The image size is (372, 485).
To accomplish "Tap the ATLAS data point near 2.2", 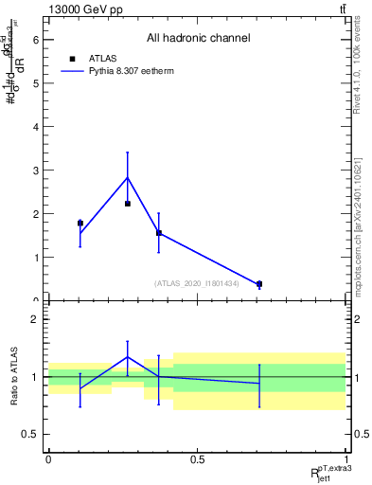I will pos(128,204).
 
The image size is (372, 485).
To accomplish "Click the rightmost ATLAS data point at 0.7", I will pos(259,284).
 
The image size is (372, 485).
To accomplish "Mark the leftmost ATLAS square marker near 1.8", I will pos(80,224).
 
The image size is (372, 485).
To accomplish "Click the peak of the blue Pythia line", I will pos(128,178).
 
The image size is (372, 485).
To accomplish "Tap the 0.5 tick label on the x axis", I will pos(197,459).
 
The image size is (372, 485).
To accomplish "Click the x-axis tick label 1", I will pos(345,459).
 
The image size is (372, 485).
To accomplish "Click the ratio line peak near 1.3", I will pos(128,357).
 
